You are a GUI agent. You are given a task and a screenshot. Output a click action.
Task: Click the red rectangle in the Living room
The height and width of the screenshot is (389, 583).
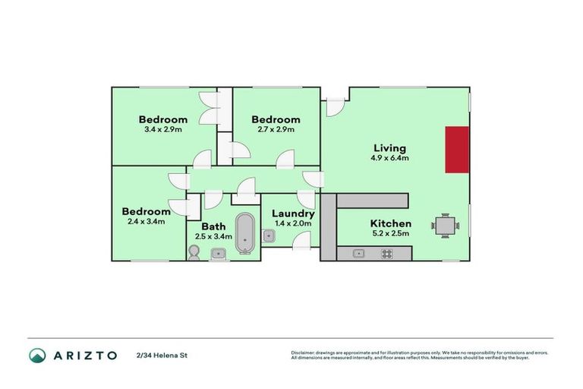click(457, 149)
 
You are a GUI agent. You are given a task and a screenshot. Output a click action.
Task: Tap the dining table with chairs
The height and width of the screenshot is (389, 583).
click(445, 225)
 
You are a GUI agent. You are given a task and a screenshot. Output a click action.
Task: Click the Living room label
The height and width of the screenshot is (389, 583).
click(389, 148)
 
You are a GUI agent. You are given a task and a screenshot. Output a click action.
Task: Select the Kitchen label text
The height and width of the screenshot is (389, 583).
click(390, 223)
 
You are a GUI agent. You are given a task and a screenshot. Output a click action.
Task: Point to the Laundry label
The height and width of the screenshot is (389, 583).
click(292, 214)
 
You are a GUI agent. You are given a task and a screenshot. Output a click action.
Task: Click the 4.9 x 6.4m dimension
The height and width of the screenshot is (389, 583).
click(390, 159)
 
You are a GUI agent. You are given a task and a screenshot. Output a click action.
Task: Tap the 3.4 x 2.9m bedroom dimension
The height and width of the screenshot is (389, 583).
click(162, 129)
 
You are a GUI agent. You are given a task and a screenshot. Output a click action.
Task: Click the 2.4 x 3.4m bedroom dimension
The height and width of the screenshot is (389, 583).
click(146, 221)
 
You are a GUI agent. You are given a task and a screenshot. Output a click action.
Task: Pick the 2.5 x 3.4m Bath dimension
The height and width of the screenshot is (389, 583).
click(213, 236)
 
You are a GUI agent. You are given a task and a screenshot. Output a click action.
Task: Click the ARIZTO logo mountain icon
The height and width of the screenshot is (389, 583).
click(37, 355)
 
